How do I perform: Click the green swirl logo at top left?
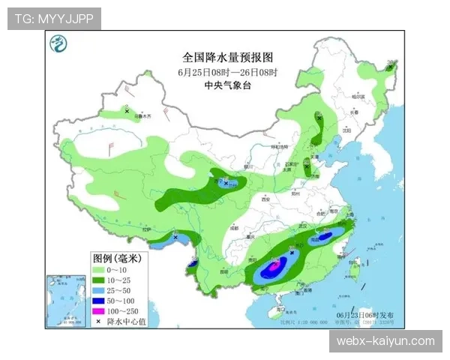click(x=58, y=46)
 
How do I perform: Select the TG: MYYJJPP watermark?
click(x=54, y=19)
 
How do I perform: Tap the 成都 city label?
click(x=234, y=226)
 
